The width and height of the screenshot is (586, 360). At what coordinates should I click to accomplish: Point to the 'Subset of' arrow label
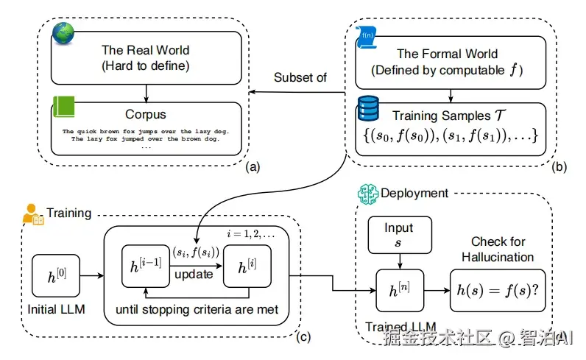click(300, 77)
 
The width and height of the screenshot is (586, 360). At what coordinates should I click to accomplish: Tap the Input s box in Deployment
click(399, 234)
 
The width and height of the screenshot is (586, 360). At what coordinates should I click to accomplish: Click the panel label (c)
click(303, 338)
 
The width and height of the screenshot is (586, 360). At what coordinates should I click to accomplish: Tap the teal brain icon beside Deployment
click(366, 194)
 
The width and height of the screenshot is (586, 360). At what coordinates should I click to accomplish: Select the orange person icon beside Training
click(33, 214)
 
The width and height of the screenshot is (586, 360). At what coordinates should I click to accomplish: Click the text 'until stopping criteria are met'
click(197, 310)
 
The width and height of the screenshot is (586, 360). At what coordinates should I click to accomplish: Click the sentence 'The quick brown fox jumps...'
click(146, 131)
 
